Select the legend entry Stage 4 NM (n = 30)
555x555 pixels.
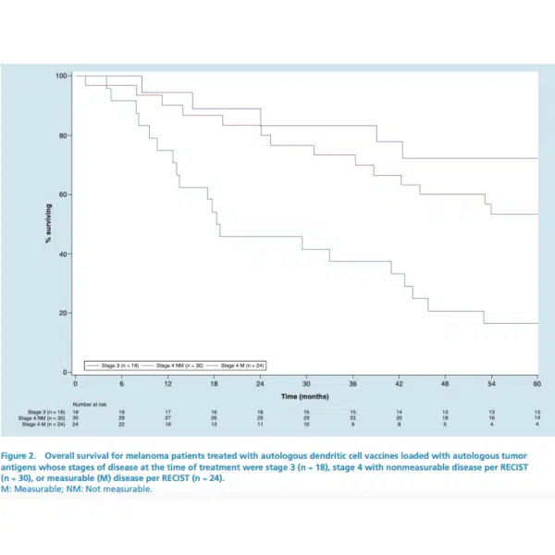click(181, 365)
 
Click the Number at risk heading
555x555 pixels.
click(92, 404)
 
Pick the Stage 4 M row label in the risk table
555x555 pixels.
click(47, 423)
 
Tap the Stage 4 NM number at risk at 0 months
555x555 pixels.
click(75, 417)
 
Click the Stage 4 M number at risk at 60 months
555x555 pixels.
click(537, 423)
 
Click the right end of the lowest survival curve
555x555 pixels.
click(537, 323)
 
